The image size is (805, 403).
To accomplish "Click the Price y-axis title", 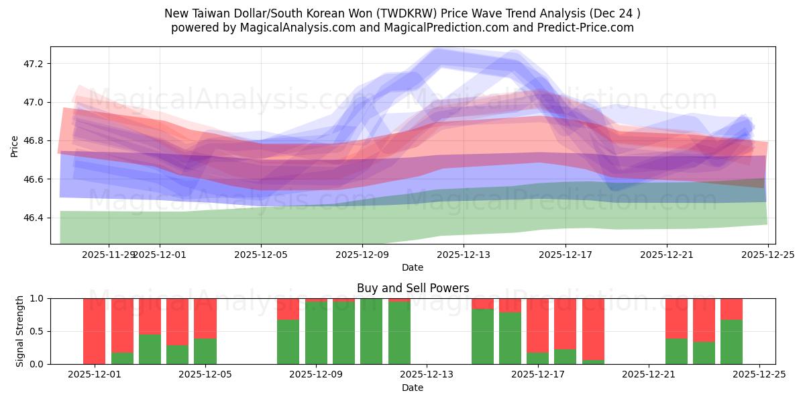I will pos(15,145).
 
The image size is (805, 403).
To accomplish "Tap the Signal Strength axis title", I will pos(20,331).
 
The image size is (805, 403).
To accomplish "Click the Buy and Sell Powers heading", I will pos(413,288).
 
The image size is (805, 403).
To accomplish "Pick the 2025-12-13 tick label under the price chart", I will pos(464,255).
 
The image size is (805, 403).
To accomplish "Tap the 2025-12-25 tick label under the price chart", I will pos(767,255).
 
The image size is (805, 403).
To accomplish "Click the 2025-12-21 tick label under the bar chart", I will pos(649,374).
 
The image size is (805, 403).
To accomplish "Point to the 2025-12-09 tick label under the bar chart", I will pos(316,374).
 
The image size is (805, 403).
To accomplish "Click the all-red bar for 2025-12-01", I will pos(95,330).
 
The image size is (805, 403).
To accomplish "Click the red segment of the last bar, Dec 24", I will pos(731,308).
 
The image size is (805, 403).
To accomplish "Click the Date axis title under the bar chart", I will pos(413,388).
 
